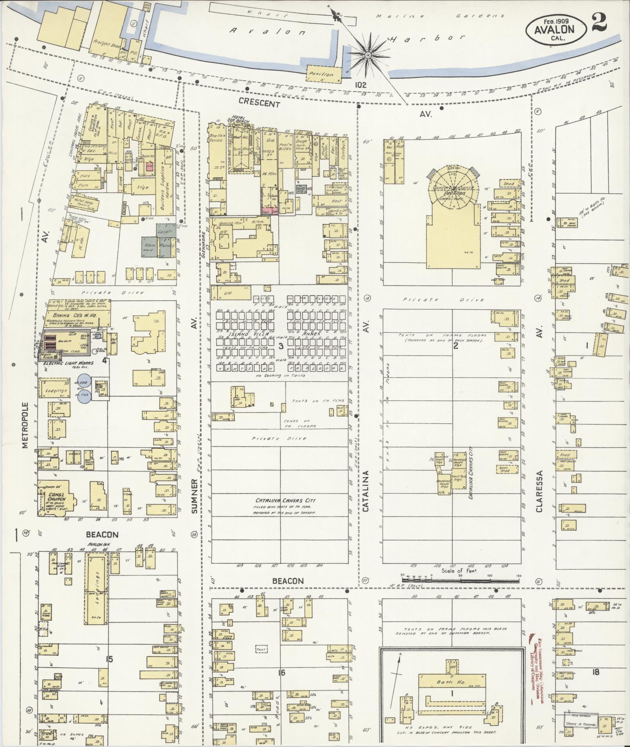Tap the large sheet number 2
[x=598, y=22]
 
